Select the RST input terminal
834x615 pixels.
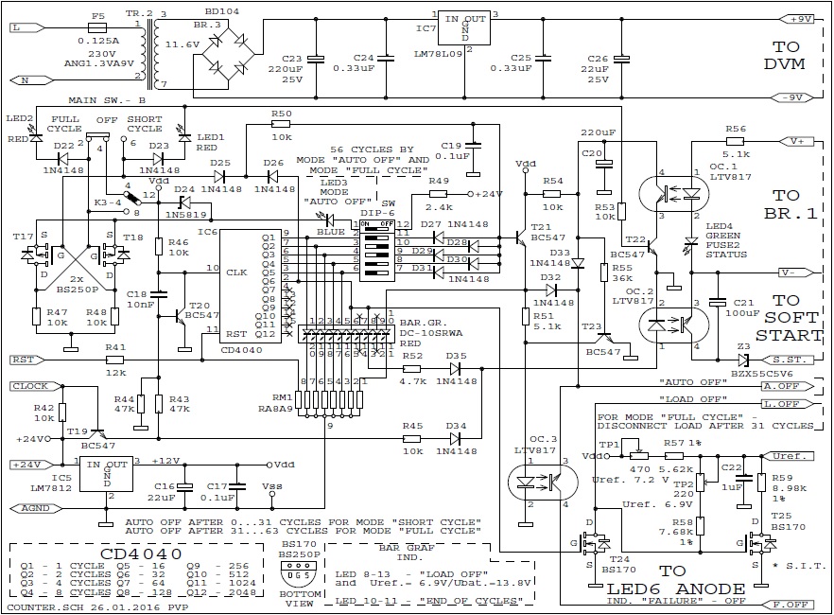[x=27, y=360]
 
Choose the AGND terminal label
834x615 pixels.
[x=32, y=508]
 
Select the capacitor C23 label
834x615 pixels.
[x=291, y=58]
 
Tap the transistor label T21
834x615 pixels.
[x=540, y=228]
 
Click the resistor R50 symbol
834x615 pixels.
[x=280, y=123]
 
